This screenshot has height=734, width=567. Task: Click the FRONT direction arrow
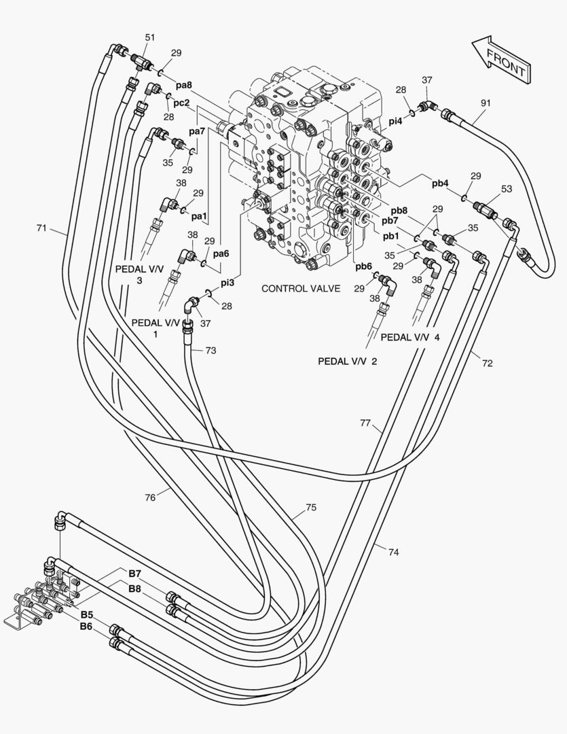[500, 60]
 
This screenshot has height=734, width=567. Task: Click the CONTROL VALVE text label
[301, 289]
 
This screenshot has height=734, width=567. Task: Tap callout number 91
[486, 103]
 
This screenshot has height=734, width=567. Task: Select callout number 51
[149, 37]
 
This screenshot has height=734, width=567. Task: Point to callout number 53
[507, 188]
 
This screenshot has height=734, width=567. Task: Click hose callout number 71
[42, 228]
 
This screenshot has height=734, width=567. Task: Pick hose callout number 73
[211, 350]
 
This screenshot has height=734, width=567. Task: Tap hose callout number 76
[150, 497]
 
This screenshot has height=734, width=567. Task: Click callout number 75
[311, 508]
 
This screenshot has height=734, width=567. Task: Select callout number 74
[393, 552]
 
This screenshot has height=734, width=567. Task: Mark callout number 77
[365, 423]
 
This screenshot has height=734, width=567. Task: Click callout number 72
[487, 364]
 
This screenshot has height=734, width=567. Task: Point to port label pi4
[396, 121]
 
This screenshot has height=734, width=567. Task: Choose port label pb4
[440, 183]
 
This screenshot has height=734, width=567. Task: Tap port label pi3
[227, 282]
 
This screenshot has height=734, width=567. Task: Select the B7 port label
[134, 574]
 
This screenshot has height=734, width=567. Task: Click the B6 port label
[86, 626]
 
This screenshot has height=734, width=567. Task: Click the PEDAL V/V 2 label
[347, 361]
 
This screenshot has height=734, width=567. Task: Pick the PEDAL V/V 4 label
[410, 337]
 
